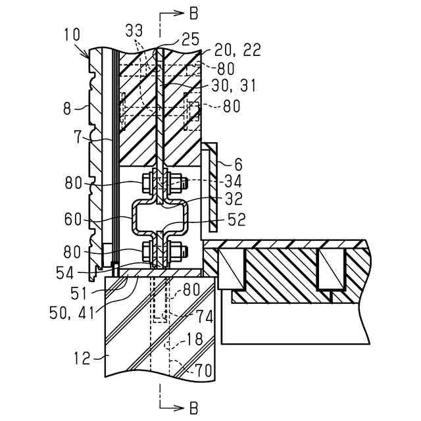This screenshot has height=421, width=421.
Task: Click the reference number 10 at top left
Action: click(72, 35)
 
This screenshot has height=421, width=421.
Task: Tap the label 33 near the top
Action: click(134, 30)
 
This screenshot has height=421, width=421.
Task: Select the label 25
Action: click(190, 39)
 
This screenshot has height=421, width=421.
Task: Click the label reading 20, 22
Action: click(237, 50)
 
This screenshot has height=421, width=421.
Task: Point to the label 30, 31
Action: click(234, 86)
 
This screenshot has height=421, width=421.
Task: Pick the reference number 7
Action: click(78, 137)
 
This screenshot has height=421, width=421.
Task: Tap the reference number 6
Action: click(238, 164)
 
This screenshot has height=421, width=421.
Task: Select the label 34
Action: click(233, 181)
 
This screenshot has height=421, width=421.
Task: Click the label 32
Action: click(234, 199)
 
